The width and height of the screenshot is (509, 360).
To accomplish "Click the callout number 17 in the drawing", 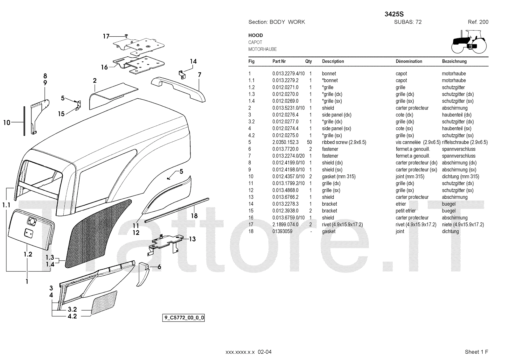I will click(106, 36).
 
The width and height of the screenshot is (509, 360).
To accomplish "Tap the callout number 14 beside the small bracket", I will click(193, 61).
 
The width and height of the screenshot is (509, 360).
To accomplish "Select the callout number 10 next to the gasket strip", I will click(7, 122).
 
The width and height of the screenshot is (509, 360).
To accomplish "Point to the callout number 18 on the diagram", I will click(194, 216).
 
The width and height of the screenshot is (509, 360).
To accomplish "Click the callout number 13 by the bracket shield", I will click(192, 239).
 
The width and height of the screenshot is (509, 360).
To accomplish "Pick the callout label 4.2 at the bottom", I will click(72, 316).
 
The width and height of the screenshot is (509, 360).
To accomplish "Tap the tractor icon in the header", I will click(469, 41).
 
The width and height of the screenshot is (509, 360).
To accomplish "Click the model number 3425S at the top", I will click(394, 14).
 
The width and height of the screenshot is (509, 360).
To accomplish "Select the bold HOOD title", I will click(255, 35).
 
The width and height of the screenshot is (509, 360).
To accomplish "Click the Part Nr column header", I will click(279, 61).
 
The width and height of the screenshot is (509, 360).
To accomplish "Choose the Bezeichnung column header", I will click(454, 61).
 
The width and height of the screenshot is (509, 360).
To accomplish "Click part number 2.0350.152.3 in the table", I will click(285, 142).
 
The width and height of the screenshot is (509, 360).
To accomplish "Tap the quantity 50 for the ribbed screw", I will click(310, 142).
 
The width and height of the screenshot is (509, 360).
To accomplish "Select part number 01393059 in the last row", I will click(282, 231).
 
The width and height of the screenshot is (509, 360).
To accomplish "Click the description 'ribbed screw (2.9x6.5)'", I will click(344, 142).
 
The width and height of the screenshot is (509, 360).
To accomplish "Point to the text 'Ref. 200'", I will click(478, 22).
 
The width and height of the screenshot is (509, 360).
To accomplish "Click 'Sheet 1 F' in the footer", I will click(476, 352).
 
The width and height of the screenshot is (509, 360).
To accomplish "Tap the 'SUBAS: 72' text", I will click(408, 22).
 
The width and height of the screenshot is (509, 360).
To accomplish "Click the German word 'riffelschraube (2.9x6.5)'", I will click(464, 142).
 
